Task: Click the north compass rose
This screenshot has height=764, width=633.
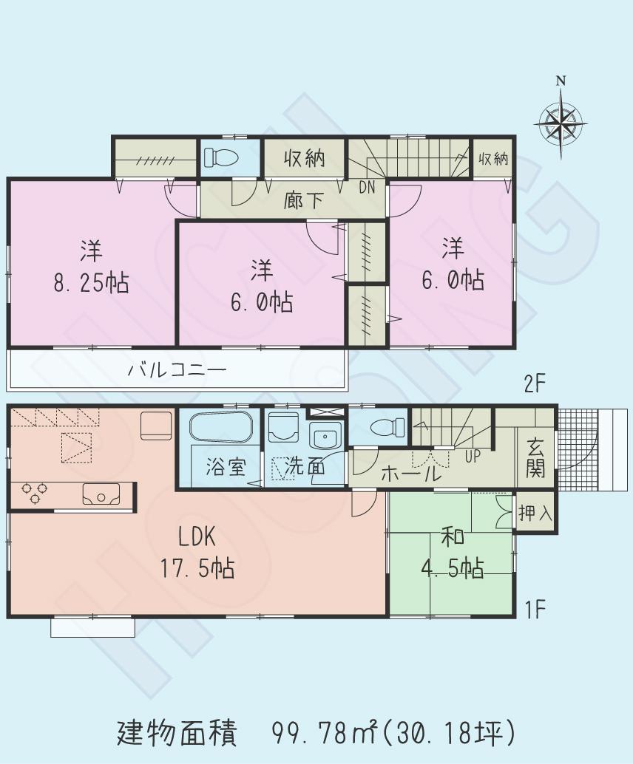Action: coord(561,120)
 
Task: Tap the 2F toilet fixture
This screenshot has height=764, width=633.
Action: coord(220,157)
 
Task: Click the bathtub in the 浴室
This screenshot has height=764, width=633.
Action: coord(221,427)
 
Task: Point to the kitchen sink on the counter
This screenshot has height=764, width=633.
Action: coord(101,494)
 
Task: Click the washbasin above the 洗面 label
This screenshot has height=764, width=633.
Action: coord(323,437)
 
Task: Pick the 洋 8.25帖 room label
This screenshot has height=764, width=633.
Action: coord(91,267)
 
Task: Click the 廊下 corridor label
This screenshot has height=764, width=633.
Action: coord(303,200)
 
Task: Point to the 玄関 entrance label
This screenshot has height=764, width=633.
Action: coord(535,458)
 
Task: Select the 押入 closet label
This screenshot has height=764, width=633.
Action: coord(535,513)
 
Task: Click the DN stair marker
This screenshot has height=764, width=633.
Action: coord(367,188)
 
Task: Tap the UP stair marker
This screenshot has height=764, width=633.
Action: coord(473,456)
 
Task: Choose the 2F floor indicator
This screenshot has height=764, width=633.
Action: coord(534,385)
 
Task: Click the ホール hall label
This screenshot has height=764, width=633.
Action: coord(410,474)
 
